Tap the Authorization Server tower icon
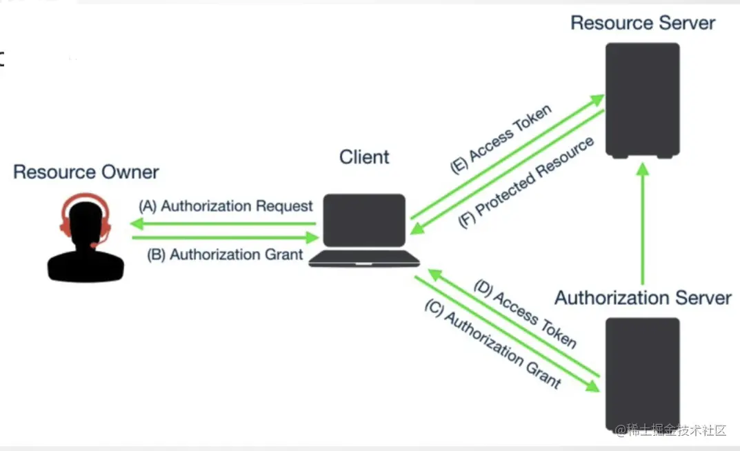click(642, 373)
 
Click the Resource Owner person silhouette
click(86, 238)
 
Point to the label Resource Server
click(642, 23)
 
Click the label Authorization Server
click(643, 298)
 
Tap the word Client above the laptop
click(364, 157)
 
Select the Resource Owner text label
click(86, 172)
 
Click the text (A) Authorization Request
click(226, 206)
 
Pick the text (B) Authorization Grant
click(226, 254)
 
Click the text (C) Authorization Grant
click(492, 349)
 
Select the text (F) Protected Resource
click(526, 183)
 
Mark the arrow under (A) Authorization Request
click(223, 223)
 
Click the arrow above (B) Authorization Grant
click(225, 238)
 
